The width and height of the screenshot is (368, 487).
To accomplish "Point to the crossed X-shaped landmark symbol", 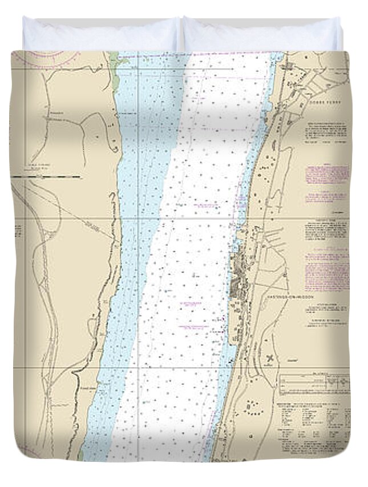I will (269, 359).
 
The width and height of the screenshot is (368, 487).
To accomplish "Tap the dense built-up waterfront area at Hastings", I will (238, 274).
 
